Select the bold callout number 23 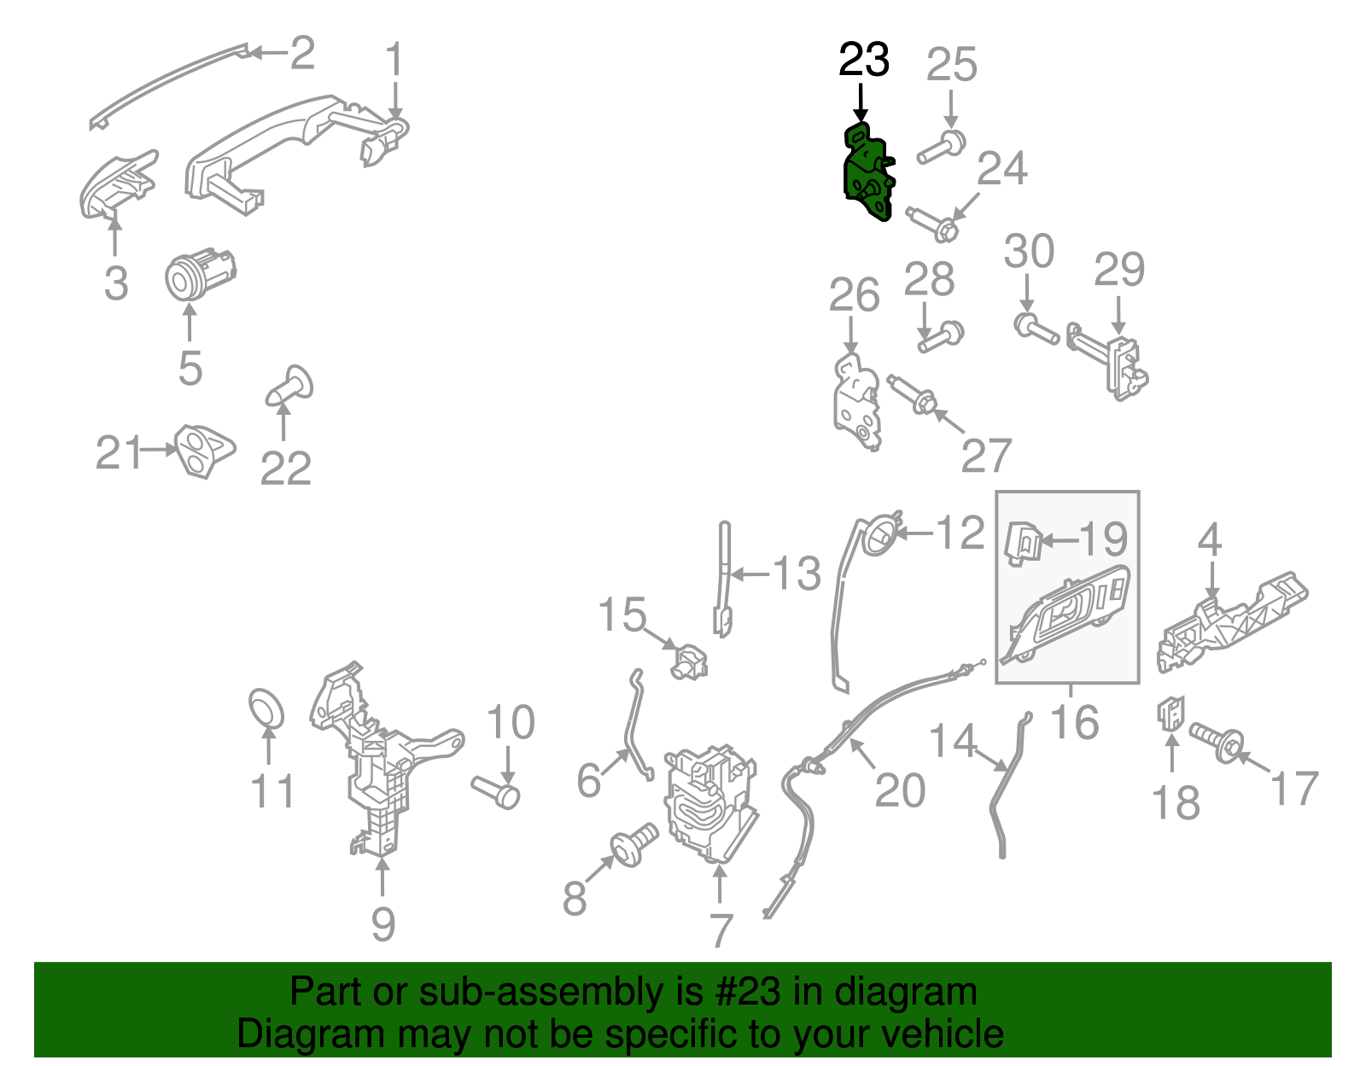click(864, 60)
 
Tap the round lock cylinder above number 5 click(199, 275)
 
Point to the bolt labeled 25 click(942, 147)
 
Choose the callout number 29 click(1119, 270)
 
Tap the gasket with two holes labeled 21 click(204, 451)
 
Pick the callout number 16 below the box click(1074, 722)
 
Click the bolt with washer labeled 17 click(1217, 742)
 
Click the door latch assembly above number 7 click(711, 803)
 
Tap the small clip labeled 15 click(688, 661)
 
